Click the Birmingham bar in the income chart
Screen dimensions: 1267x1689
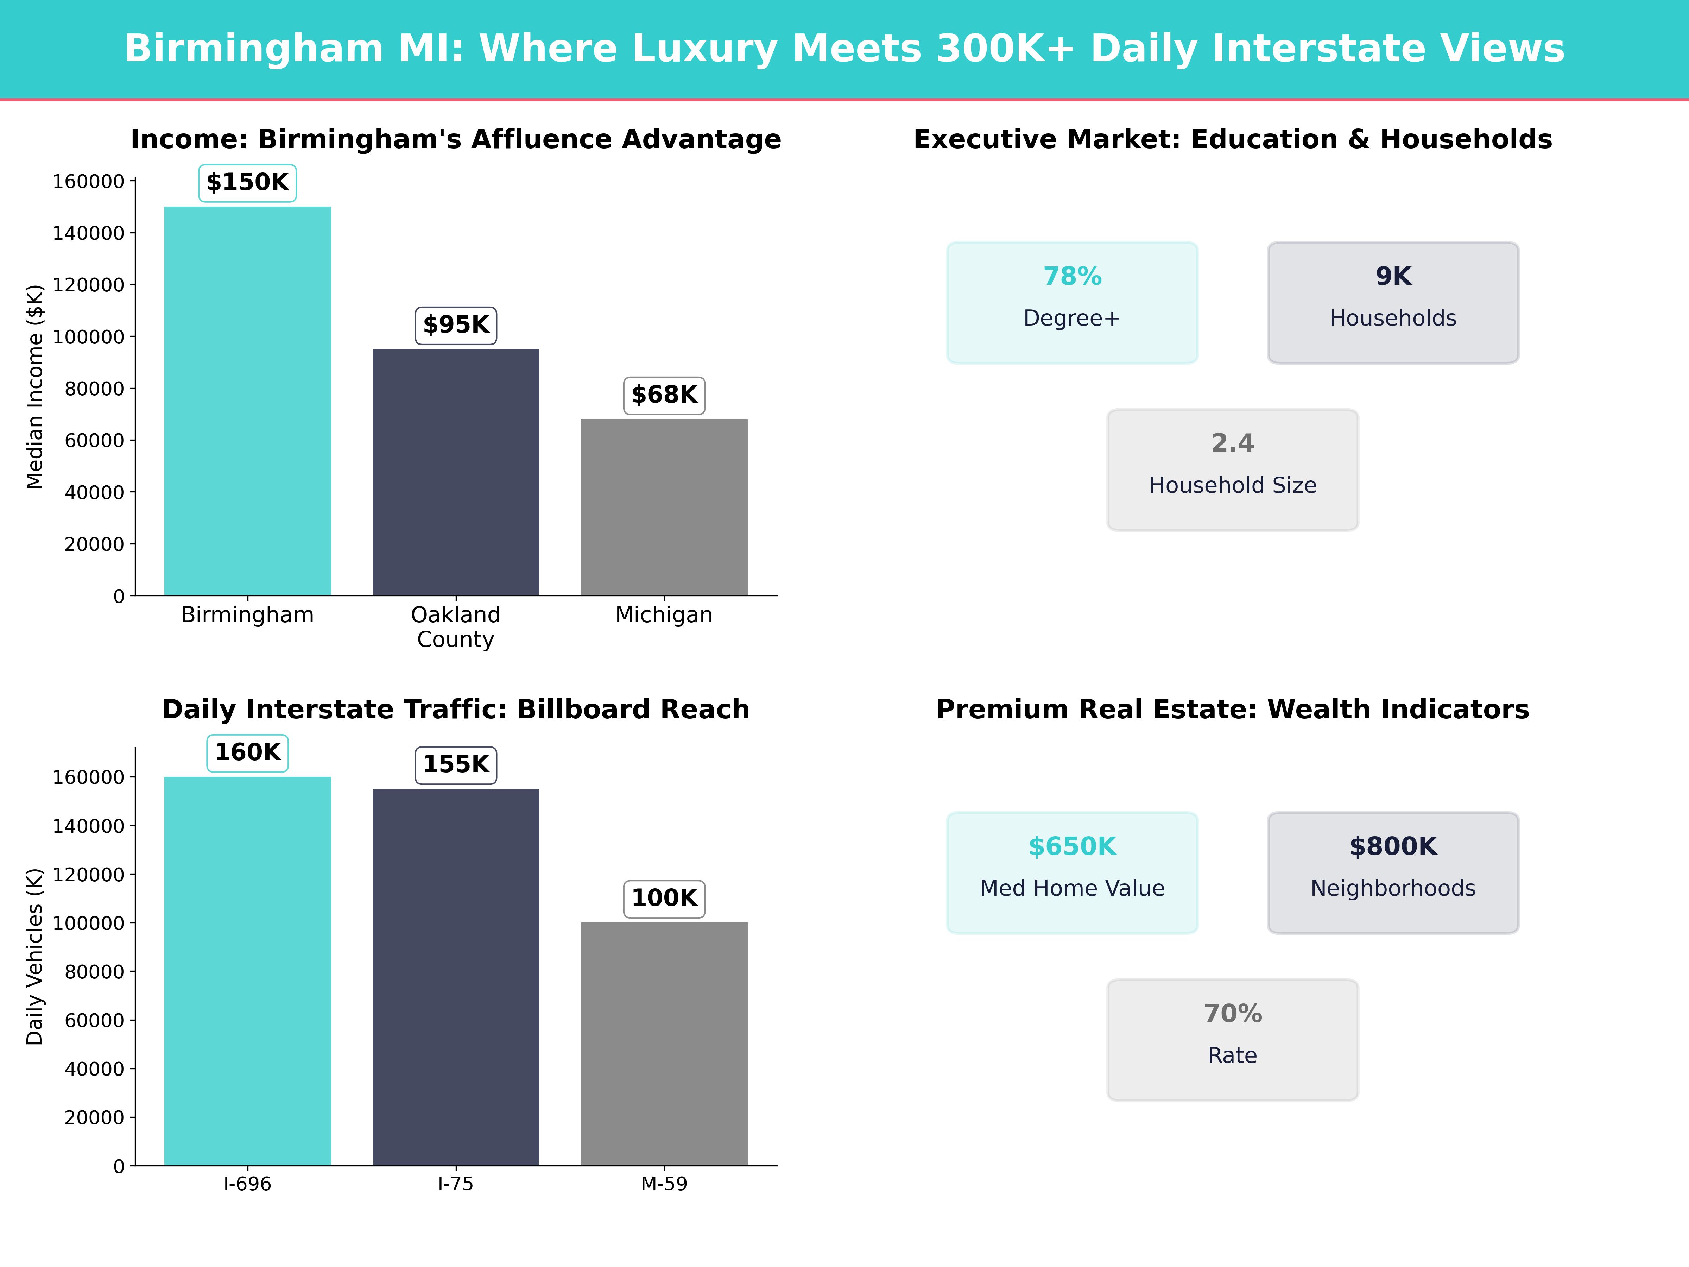pyautogui.click(x=247, y=401)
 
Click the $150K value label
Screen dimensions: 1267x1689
pyautogui.click(x=247, y=183)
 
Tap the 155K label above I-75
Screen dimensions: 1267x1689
pyautogui.click(x=456, y=764)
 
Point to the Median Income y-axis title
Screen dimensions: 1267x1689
pyautogui.click(x=35, y=386)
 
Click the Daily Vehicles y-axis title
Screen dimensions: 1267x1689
pyautogui.click(x=35, y=956)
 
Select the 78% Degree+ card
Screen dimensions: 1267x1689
pyautogui.click(x=1072, y=302)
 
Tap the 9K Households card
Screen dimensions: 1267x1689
pyautogui.click(x=1393, y=302)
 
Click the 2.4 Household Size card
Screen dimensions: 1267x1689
pyautogui.click(x=1232, y=470)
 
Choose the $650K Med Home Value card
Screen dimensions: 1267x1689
pyautogui.click(x=1072, y=872)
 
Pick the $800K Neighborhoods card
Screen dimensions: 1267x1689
pyautogui.click(x=1393, y=872)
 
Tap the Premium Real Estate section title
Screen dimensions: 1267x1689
pyautogui.click(x=1232, y=710)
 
